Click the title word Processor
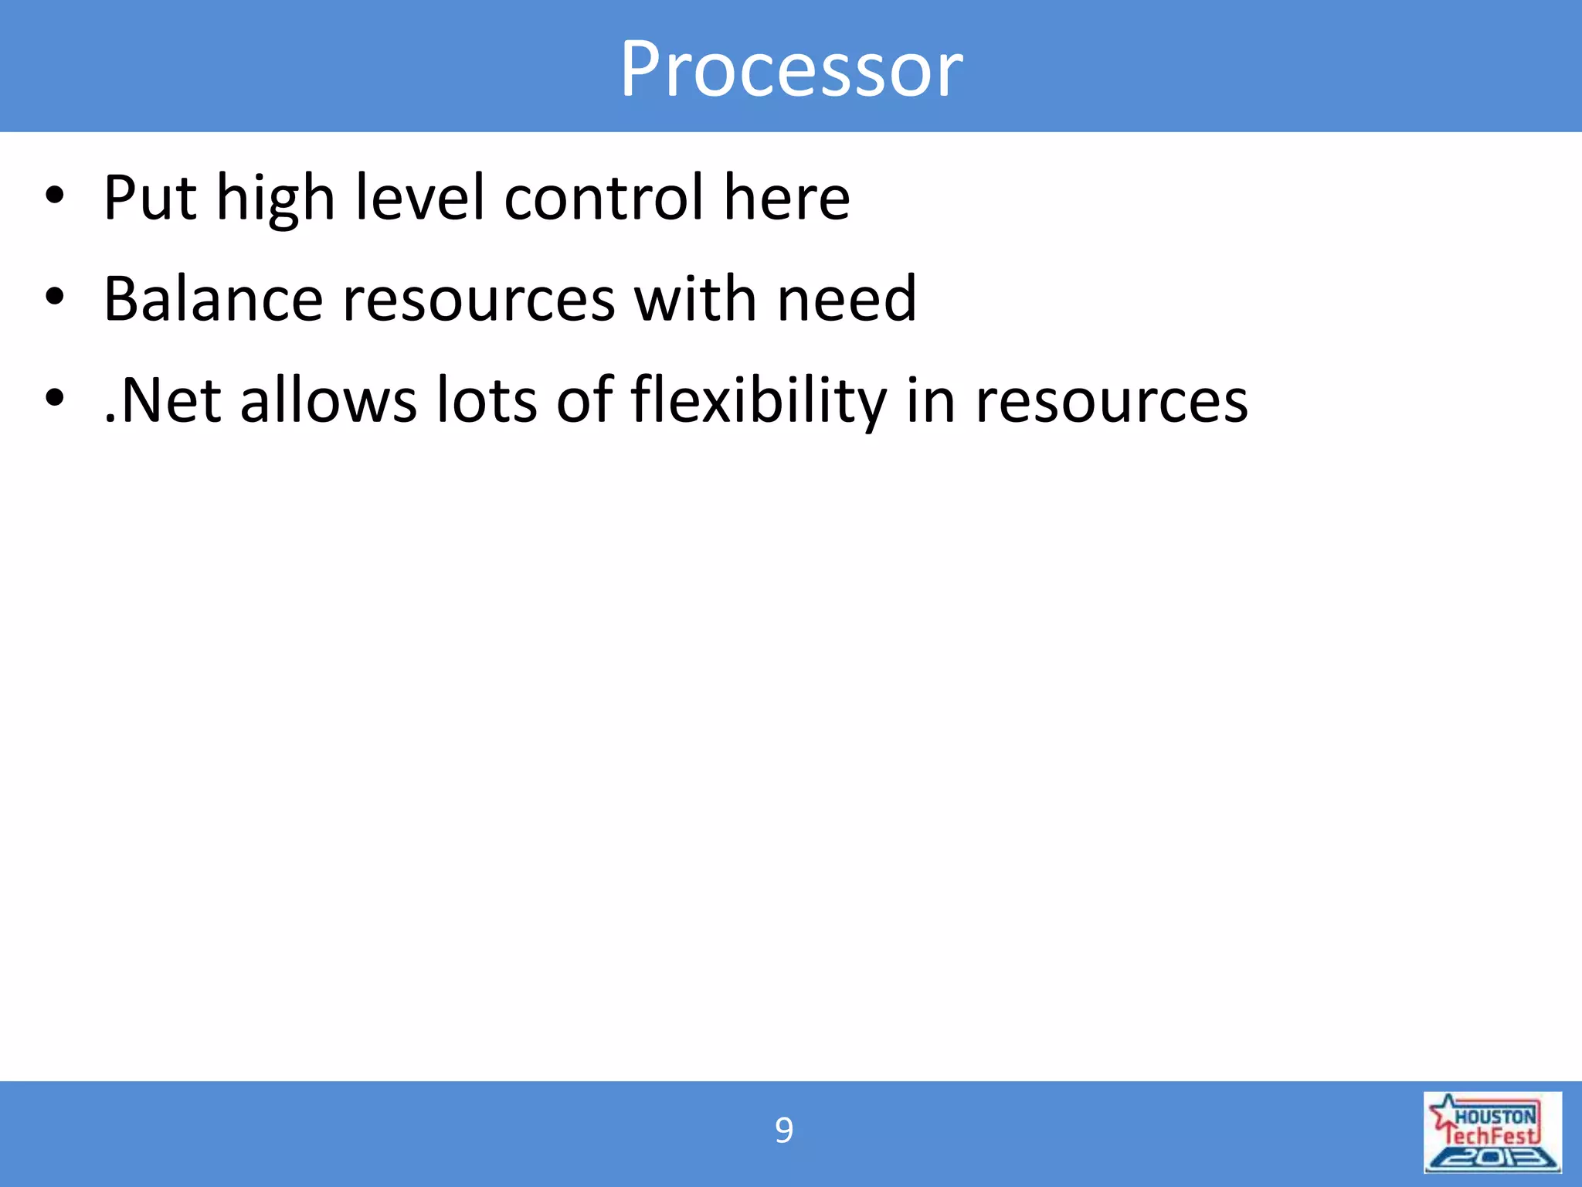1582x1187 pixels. tap(791, 70)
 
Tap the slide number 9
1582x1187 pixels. tap(783, 1131)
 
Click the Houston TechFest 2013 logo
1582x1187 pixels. tap(1492, 1132)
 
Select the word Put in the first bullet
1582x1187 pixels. tap(150, 198)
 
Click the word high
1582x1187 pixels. tap(275, 199)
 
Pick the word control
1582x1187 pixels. tap(604, 198)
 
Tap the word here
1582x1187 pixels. tap(786, 198)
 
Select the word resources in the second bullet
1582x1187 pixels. tap(479, 301)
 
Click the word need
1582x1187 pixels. tap(847, 299)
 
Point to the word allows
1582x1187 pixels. tap(328, 400)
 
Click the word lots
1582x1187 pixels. tap(487, 400)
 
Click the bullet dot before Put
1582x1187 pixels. tap(54, 196)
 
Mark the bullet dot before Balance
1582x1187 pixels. tap(54, 297)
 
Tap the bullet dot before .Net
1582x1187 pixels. tap(54, 398)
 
